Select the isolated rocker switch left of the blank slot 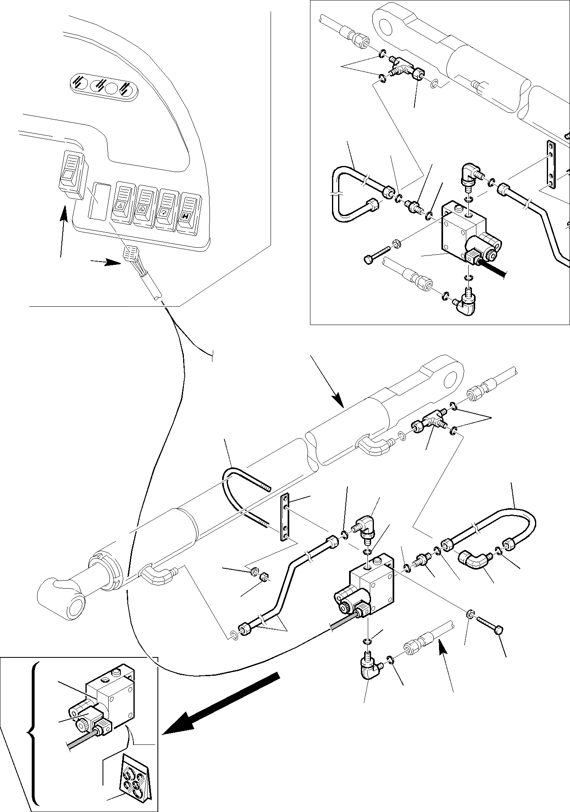coord(71,175)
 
